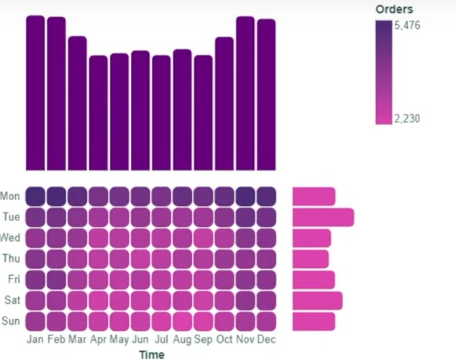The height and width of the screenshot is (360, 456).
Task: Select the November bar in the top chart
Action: [x=245, y=93]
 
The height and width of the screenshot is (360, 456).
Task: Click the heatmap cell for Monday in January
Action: [x=35, y=197]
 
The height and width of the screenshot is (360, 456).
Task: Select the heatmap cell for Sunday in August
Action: [x=183, y=320]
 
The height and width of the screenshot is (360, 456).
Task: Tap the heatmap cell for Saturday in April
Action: [x=99, y=300]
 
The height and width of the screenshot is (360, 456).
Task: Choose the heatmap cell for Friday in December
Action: [x=266, y=279]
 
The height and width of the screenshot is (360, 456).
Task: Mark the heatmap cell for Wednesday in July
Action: [x=161, y=238]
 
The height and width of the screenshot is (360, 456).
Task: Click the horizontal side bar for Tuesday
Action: [x=323, y=217]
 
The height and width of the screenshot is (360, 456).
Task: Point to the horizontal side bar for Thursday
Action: [x=310, y=258]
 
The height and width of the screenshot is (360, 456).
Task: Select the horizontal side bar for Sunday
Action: [x=314, y=320]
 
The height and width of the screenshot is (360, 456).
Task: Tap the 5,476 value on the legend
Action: [x=407, y=25]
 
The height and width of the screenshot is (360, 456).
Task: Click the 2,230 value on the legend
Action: [x=407, y=119]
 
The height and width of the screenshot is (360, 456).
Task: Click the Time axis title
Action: [x=151, y=354]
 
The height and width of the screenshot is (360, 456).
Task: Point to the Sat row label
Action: [x=11, y=300]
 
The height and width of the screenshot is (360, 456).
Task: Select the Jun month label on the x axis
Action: [x=140, y=339]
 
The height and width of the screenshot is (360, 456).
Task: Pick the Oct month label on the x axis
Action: [x=224, y=339]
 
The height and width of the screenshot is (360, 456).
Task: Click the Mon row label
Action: [x=10, y=196]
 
